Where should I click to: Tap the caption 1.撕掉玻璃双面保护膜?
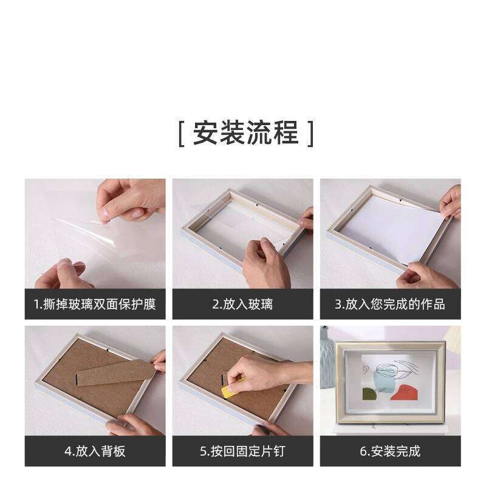click(x=95, y=304)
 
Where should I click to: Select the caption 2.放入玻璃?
click(x=242, y=304)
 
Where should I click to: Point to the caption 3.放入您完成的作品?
click(x=390, y=304)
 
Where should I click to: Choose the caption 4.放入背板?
click(x=95, y=451)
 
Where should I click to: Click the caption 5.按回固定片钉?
click(x=242, y=451)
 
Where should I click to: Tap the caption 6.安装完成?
click(x=390, y=451)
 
